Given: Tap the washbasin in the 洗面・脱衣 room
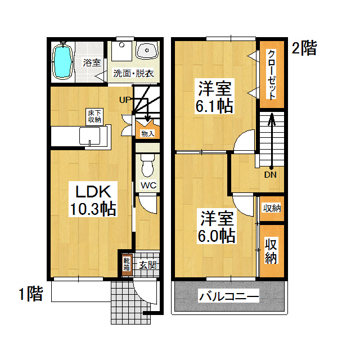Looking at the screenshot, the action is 147,50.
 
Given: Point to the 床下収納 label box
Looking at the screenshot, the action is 94,116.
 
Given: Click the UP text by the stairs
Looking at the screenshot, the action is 125,100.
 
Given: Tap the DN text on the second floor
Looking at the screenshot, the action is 270,175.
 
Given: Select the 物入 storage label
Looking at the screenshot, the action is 147,134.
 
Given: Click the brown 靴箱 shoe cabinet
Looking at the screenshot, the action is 127,265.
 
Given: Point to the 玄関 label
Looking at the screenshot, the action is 148,265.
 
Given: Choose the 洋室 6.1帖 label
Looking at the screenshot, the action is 214,96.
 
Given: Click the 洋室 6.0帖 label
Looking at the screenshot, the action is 217,227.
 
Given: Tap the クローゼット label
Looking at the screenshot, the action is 272,75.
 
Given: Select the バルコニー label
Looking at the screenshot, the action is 229,296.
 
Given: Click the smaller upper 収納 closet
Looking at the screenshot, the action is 272,209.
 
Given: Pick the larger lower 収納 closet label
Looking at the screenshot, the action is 271,251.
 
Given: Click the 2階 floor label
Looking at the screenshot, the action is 304,48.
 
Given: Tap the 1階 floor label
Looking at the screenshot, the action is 31,294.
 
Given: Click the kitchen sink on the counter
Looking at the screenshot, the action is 90,136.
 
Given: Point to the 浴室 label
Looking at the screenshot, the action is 92,62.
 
